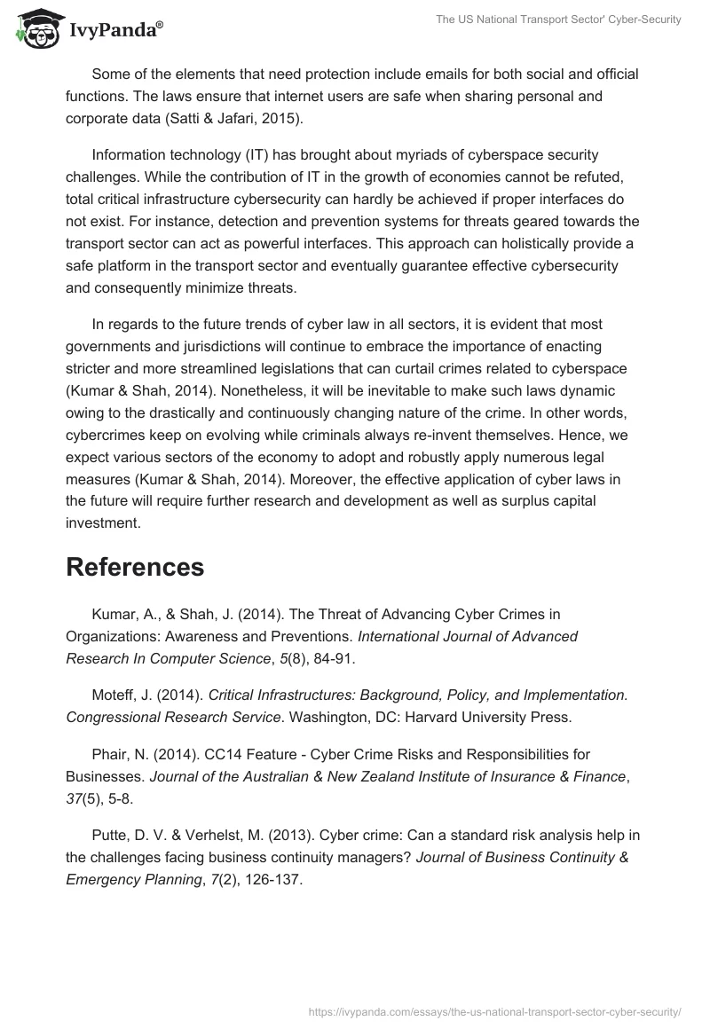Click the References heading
135,567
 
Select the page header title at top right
558,20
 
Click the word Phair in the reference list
110,754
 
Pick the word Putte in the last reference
112,836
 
